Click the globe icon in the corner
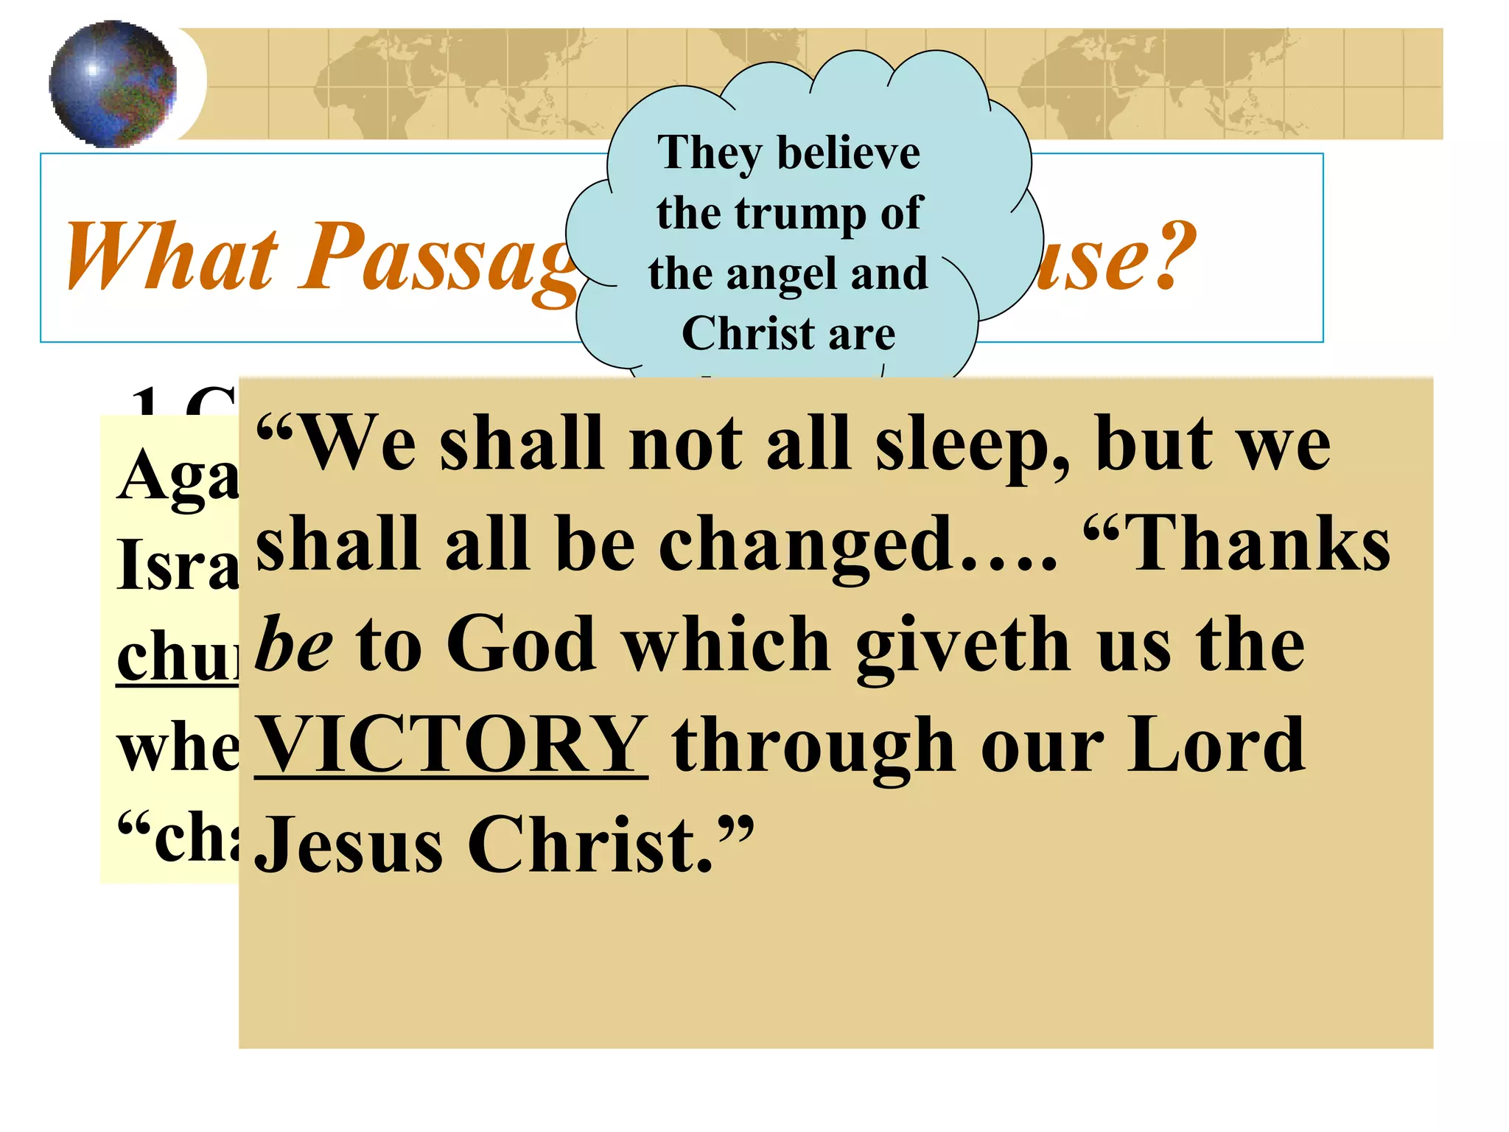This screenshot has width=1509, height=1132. pyautogui.click(x=113, y=83)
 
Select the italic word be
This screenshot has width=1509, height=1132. pyautogui.click(x=293, y=643)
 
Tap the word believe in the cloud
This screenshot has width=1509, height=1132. pyautogui.click(x=849, y=153)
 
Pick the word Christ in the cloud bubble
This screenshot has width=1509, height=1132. pyautogui.click(x=741, y=334)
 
